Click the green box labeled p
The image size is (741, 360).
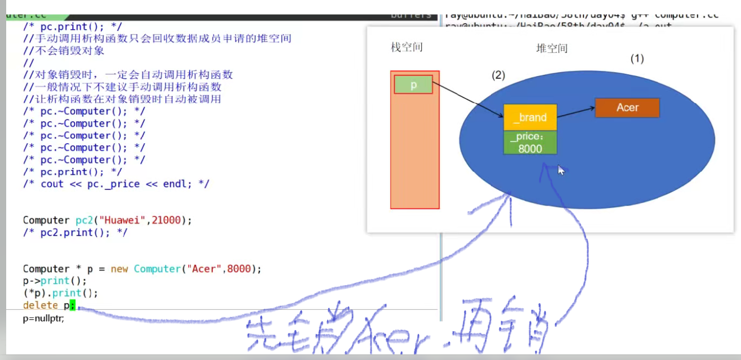pyautogui.click(x=413, y=85)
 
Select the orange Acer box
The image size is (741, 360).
pyautogui.click(x=627, y=108)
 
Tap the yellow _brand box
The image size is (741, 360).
pyautogui.click(x=530, y=117)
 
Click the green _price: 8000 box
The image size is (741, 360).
pyautogui.click(x=530, y=143)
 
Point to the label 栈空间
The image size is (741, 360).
pyautogui.click(x=407, y=47)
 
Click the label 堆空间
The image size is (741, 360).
pyautogui.click(x=552, y=48)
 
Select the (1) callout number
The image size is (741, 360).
pyautogui.click(x=637, y=59)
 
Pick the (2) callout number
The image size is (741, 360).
pyautogui.click(x=498, y=75)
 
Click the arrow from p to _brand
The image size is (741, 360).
pyautogui.click(x=467, y=100)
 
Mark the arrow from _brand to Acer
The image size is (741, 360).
pyautogui.click(x=575, y=112)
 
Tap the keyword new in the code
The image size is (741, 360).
pyautogui.click(x=119, y=269)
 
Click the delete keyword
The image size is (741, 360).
pyautogui.click(x=41, y=305)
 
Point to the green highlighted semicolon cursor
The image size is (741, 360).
pyautogui.click(x=72, y=305)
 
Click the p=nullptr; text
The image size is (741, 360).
pyautogui.click(x=43, y=318)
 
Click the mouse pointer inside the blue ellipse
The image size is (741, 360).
pyautogui.click(x=561, y=170)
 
